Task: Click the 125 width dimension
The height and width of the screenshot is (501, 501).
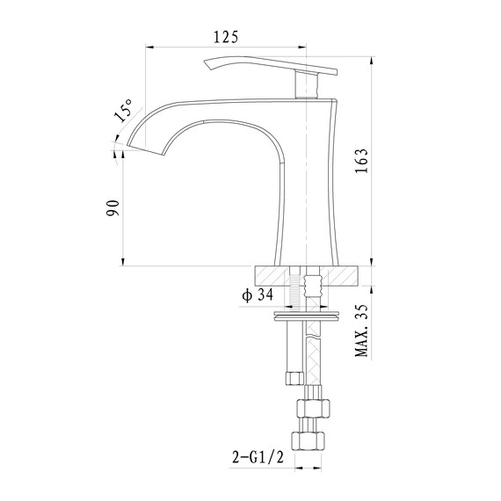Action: tap(226, 36)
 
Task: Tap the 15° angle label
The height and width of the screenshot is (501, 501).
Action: tap(122, 112)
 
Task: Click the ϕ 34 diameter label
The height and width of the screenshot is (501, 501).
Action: tap(256, 294)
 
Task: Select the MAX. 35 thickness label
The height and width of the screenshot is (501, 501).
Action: tap(360, 331)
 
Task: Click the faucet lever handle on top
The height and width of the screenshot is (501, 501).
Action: tap(272, 68)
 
